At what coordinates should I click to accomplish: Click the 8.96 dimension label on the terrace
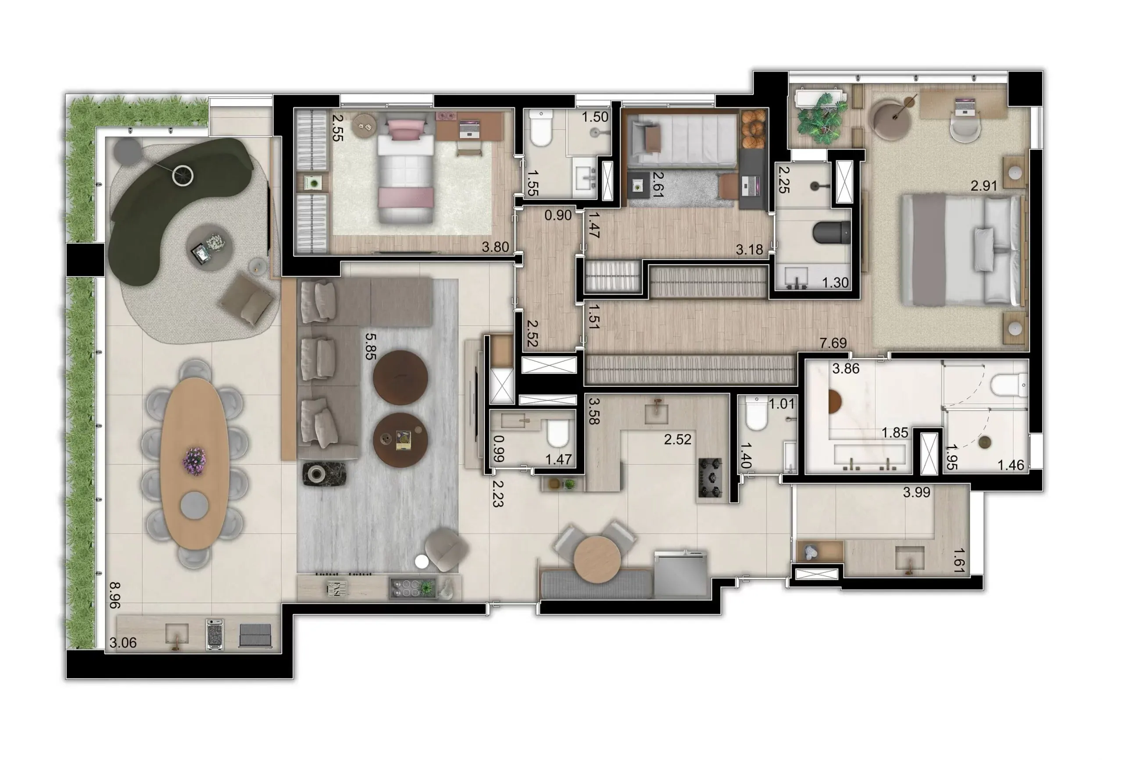point(114,595)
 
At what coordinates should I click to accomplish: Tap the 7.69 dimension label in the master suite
point(833,343)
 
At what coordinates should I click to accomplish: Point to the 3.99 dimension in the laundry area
point(917,492)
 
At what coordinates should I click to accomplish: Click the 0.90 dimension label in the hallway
point(558,215)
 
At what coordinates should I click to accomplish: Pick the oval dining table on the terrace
point(194,464)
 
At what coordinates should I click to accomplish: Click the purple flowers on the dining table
point(194,461)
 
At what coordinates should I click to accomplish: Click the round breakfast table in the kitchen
point(597,560)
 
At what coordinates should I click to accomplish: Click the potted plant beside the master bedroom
point(819,118)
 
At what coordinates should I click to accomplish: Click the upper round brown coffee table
point(400,377)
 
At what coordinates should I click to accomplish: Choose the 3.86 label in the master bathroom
point(846,369)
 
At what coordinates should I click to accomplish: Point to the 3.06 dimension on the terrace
point(123,642)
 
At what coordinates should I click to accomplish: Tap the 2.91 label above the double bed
point(984,186)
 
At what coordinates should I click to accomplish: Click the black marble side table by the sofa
point(324,474)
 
